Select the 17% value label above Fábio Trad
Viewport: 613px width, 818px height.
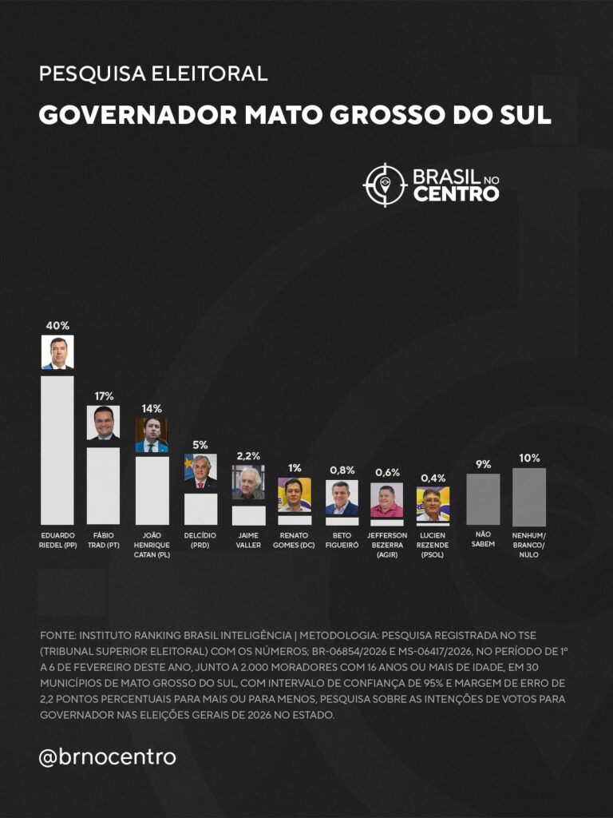point(104,395)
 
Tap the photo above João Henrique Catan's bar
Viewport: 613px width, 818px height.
point(152,435)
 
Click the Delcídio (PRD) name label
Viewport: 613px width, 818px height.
point(200,540)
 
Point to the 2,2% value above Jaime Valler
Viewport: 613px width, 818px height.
point(248,455)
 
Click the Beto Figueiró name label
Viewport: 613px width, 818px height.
point(342,540)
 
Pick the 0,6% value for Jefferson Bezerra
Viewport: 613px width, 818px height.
point(387,472)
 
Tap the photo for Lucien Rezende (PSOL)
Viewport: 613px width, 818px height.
point(433,504)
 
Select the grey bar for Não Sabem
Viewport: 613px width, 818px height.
point(483,499)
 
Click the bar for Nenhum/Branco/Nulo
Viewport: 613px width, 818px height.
point(529,497)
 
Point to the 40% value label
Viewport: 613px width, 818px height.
point(57,325)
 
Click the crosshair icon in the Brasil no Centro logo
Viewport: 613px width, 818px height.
point(386,185)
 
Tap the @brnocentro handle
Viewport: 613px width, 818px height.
point(107,756)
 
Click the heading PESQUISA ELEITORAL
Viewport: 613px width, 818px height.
point(153,74)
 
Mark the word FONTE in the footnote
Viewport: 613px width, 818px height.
point(57,635)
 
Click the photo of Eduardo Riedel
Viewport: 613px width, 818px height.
point(57,352)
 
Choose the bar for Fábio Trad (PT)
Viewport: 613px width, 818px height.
point(104,486)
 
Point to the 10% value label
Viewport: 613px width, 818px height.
point(529,458)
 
